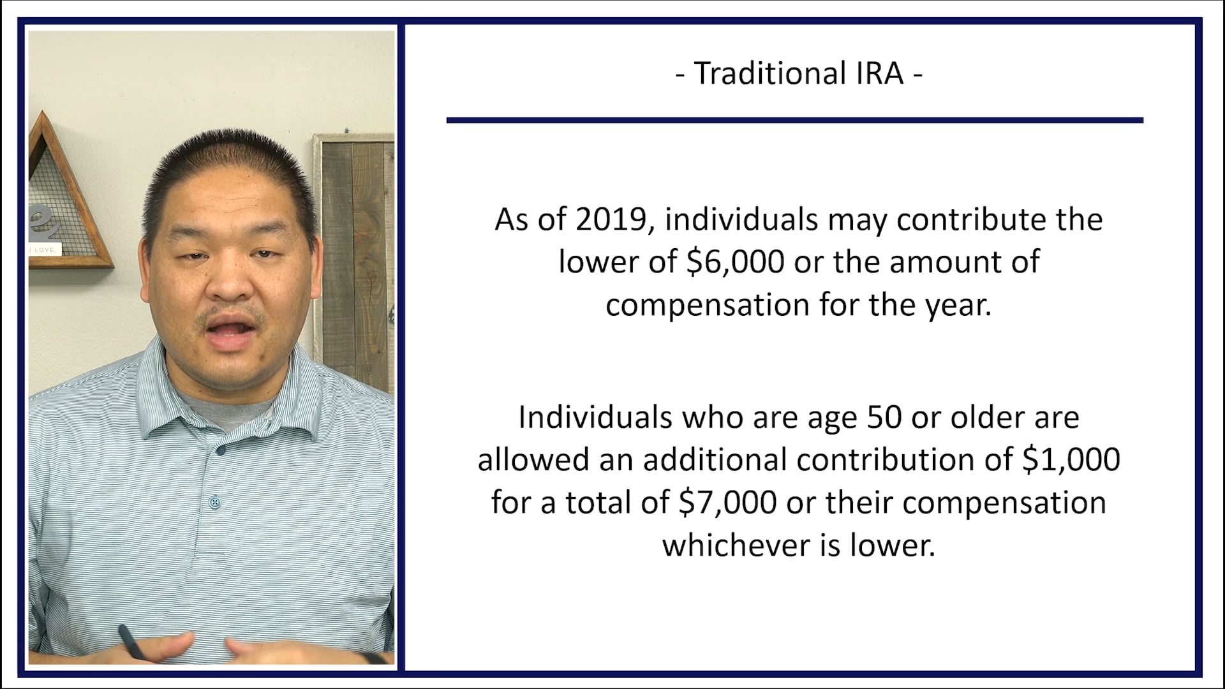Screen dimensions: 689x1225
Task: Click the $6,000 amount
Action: pos(735,262)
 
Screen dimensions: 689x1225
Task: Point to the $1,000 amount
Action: pos(1071,460)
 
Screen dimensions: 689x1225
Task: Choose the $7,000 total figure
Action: pos(727,503)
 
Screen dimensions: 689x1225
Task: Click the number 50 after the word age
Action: pos(884,418)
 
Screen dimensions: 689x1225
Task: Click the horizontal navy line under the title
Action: pos(794,120)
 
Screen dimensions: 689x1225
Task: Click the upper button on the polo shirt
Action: pos(221,450)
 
